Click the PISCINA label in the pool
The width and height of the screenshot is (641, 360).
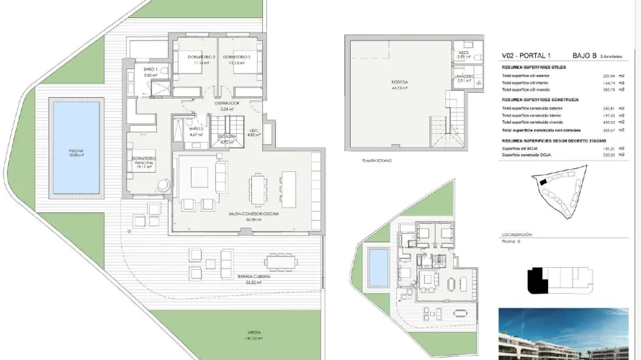(76, 150)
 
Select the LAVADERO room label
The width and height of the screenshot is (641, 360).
(464, 77)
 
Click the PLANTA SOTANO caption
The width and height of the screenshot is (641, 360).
(378, 161)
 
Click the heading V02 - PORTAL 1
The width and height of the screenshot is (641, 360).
(526, 55)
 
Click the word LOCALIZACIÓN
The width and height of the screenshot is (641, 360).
(516, 235)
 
